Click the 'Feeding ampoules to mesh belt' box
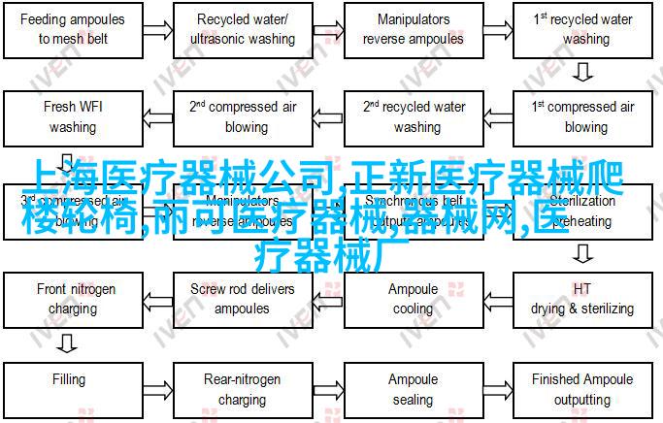click(74, 29)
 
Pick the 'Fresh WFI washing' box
click(74, 117)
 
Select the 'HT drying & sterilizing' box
click(581, 299)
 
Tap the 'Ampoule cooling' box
click(414, 299)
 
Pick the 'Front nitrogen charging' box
click(74, 299)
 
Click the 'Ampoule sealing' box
click(414, 389)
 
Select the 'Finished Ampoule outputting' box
click(581, 389)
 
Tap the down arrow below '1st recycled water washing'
click(582, 73)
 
